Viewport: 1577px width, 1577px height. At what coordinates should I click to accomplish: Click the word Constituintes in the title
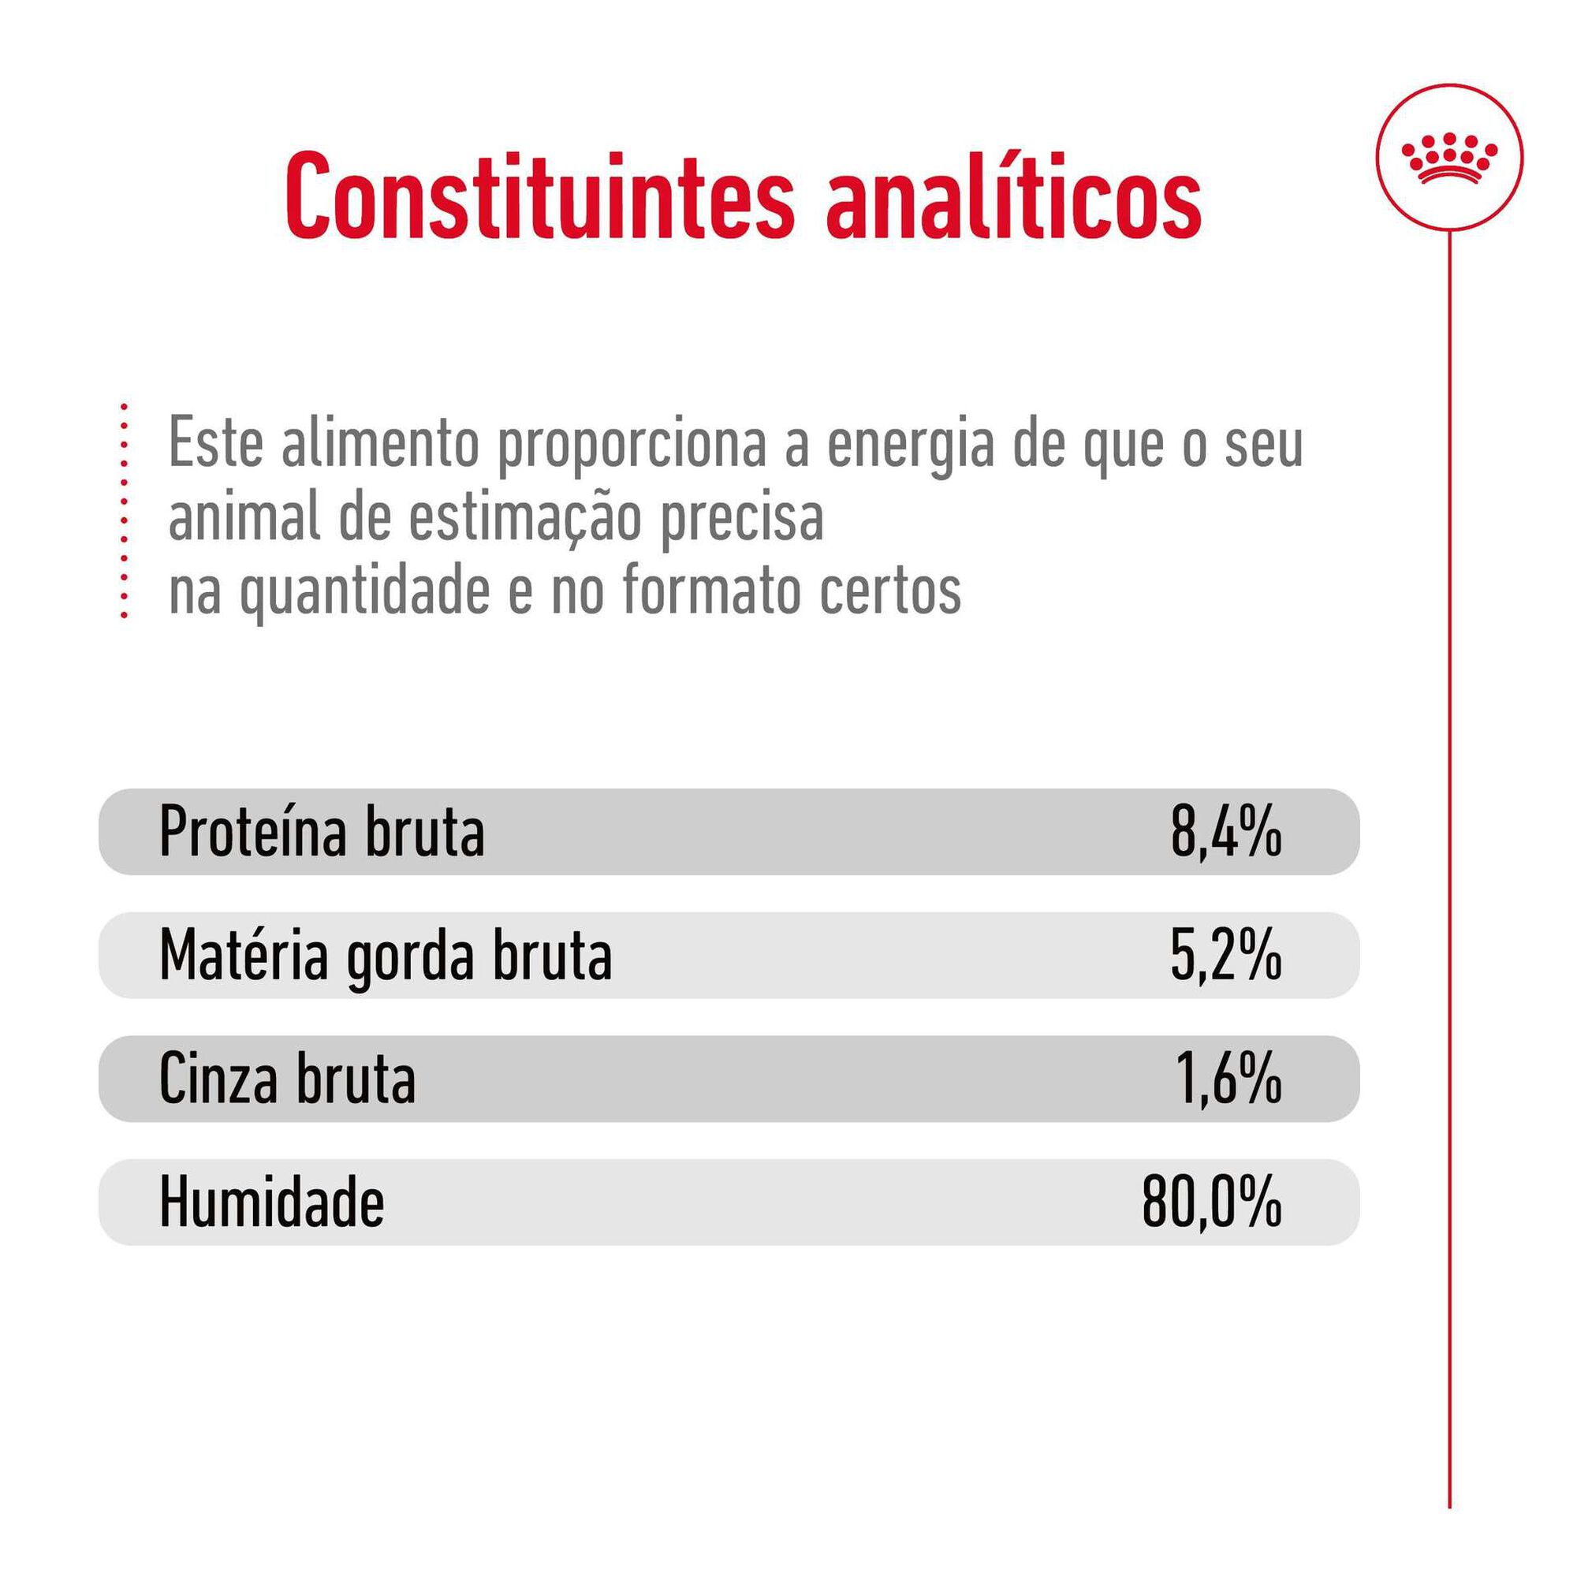coord(539,196)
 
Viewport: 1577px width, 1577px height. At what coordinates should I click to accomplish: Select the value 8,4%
coord(1225,833)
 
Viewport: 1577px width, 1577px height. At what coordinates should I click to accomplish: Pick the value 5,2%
coord(1225,956)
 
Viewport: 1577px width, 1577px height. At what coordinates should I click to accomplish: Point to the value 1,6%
coord(1228,1079)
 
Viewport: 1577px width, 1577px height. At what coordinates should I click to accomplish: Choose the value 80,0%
coord(1211,1202)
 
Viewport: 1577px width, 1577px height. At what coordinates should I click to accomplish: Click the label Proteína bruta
coord(322,833)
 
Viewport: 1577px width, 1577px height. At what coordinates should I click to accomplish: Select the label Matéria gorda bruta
coord(386,956)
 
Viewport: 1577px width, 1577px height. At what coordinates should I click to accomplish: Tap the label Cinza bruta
coord(287,1079)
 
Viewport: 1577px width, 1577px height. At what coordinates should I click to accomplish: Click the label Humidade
coord(271,1202)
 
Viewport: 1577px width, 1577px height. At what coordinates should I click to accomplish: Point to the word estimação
coord(524,519)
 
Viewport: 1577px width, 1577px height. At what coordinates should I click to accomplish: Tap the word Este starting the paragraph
coord(215,445)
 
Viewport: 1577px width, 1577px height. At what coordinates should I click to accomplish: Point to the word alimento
coord(380,445)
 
